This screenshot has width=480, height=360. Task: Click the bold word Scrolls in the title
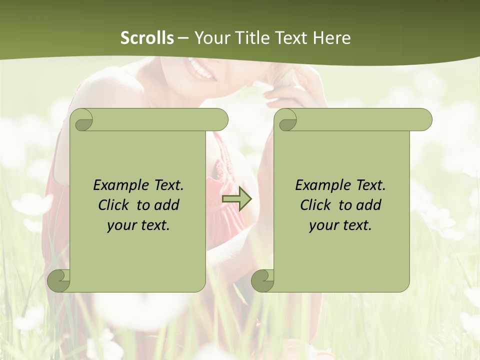pyautogui.click(x=147, y=38)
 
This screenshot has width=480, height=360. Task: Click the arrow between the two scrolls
pyautogui.click(x=237, y=199)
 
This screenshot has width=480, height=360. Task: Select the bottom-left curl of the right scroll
pyautogui.click(x=262, y=280)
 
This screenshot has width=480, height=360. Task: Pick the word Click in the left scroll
pyautogui.click(x=114, y=205)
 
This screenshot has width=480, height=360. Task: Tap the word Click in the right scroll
pyautogui.click(x=316, y=205)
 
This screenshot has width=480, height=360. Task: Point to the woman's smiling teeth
pyautogui.click(x=200, y=70)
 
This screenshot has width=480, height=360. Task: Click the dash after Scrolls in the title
pyautogui.click(x=183, y=38)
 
